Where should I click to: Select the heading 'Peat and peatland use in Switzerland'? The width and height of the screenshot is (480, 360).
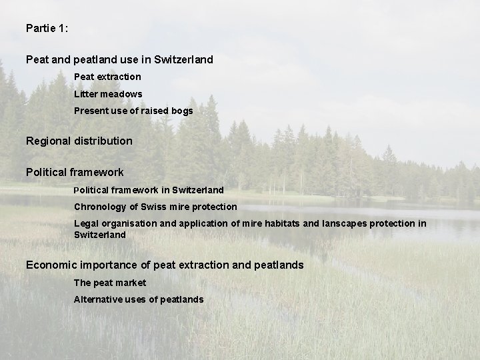pyautogui.click(x=119, y=59)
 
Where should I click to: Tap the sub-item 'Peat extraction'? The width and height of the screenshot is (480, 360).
pyautogui.click(x=107, y=77)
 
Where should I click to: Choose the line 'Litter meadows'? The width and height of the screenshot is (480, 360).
pyautogui.click(x=108, y=94)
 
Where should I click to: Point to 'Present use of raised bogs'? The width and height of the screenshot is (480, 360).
pyautogui.click(x=133, y=111)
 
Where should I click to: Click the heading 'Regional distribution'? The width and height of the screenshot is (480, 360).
pyautogui.click(x=79, y=141)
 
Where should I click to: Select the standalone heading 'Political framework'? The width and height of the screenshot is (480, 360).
pyautogui.click(x=75, y=173)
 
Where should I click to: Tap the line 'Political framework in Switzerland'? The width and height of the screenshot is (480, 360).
pyautogui.click(x=149, y=190)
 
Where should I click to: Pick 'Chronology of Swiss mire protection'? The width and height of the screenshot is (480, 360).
pyautogui.click(x=155, y=207)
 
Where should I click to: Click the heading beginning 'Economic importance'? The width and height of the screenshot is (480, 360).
pyautogui.click(x=165, y=265)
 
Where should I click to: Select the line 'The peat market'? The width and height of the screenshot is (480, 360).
pyautogui.click(x=110, y=283)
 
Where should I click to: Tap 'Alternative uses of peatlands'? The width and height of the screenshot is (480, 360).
pyautogui.click(x=139, y=299)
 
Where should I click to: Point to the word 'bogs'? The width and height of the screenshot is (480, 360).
pyautogui.click(x=181, y=111)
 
